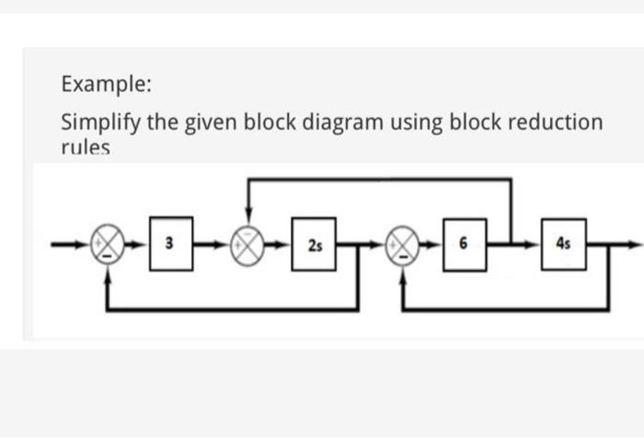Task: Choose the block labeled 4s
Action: (563, 245)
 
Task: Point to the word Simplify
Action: (99, 122)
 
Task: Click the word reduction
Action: (553, 122)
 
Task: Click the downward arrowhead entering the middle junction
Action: (247, 221)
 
